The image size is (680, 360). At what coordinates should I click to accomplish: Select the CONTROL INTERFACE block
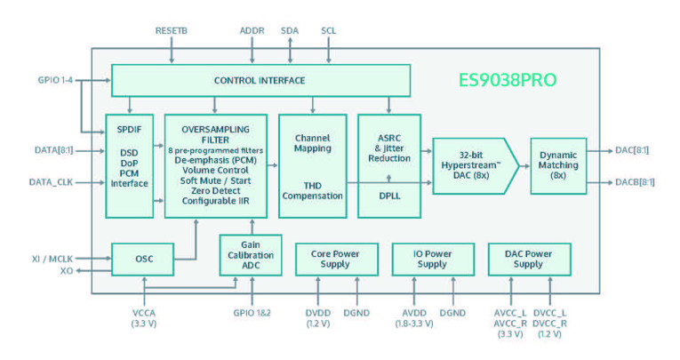coord(260,81)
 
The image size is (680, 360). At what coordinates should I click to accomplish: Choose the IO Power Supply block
coord(432,259)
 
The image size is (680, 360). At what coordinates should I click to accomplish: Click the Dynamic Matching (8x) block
coord(558,165)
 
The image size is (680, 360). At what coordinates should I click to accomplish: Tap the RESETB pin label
coord(172,30)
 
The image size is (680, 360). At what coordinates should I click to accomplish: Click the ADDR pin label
coord(252,30)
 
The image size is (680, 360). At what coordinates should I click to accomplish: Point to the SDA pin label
coord(290,30)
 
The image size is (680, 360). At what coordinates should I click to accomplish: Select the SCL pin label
coord(328,30)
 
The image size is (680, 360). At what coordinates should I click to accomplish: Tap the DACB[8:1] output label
coord(635,182)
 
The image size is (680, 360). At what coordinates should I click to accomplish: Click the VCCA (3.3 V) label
coord(143,317)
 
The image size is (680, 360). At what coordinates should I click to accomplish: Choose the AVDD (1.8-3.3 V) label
coord(413,317)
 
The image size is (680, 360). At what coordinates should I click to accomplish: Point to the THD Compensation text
coord(312,188)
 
